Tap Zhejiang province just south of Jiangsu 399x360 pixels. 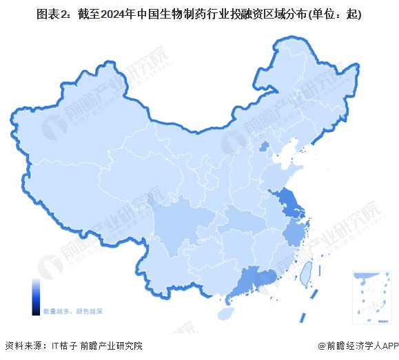pos(294,234)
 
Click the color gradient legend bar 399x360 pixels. pos(35,296)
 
